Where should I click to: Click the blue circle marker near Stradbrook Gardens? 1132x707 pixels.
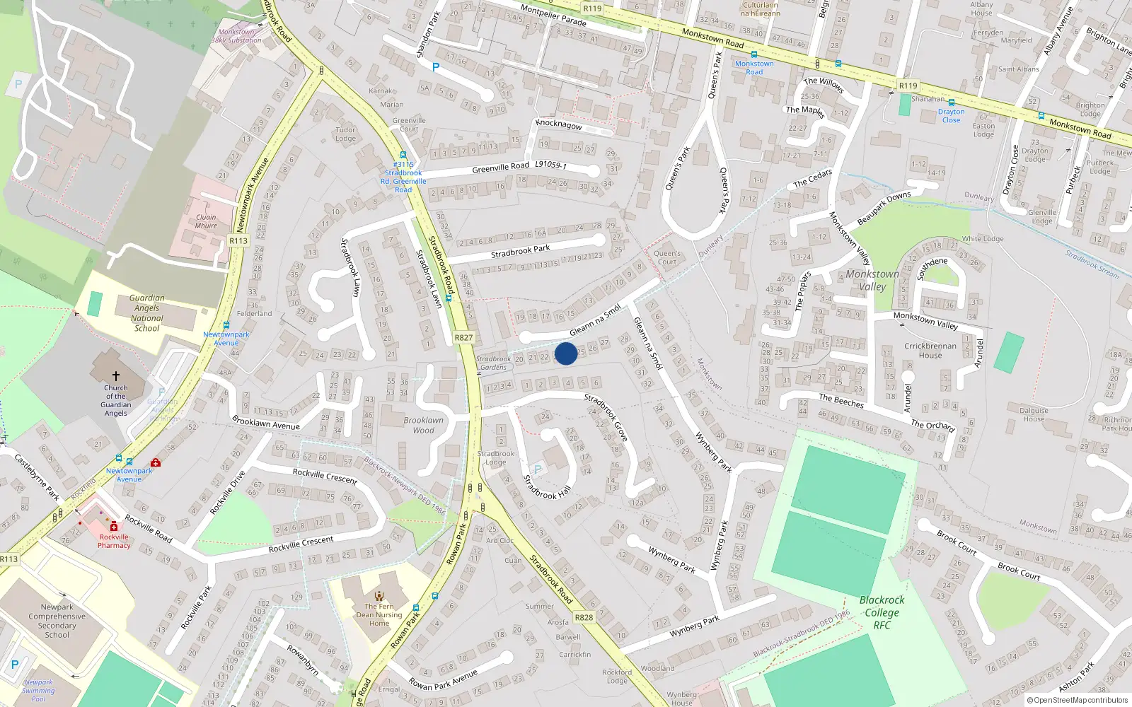(566, 353)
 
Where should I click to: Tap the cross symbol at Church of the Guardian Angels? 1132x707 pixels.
(116, 375)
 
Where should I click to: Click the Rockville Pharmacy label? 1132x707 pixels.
(114, 541)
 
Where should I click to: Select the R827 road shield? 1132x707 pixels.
(463, 338)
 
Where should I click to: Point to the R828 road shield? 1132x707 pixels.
(584, 617)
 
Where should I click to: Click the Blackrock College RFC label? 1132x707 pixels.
(882, 612)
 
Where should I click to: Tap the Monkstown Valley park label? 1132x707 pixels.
(872, 280)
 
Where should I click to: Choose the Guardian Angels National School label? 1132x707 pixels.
(147, 313)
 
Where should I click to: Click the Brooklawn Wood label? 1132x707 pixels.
(424, 425)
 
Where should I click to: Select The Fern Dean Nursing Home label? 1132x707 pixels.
(379, 614)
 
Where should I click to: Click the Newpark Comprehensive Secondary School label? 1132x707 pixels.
(57, 621)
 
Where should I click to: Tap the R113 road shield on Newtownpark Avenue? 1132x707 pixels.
(238, 241)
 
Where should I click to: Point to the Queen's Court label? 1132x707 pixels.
(667, 257)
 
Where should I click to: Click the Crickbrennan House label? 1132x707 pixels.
(930, 351)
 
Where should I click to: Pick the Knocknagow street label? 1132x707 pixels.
(559, 124)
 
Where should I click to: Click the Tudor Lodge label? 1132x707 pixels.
(345, 134)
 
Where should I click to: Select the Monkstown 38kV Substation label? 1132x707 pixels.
(236, 36)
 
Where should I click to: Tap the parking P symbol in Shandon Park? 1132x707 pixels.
(436, 67)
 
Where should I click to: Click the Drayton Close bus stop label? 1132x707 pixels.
(952, 116)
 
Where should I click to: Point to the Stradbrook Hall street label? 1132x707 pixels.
(546, 488)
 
